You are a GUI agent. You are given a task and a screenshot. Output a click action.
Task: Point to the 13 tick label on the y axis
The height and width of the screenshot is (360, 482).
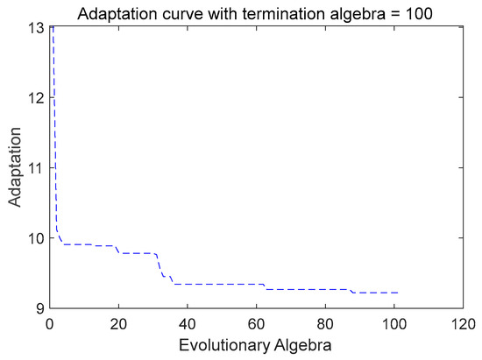point(35,28)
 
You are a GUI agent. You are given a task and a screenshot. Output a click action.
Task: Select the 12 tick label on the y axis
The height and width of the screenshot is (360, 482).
point(35,98)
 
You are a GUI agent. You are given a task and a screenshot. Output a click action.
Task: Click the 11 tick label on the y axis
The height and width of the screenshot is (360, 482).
point(35,167)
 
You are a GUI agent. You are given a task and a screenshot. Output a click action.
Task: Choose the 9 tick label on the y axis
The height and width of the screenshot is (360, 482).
point(39,307)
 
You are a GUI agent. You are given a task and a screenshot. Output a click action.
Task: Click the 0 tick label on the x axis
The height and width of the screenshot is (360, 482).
point(51,322)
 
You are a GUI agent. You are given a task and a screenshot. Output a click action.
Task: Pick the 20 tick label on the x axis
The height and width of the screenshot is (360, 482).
point(119,322)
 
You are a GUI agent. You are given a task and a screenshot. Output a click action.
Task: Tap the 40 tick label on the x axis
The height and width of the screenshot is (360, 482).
point(188,322)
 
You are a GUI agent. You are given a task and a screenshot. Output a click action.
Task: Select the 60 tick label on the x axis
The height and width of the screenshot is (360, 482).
point(257,322)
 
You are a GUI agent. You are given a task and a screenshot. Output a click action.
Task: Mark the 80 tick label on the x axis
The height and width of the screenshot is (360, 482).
point(325,322)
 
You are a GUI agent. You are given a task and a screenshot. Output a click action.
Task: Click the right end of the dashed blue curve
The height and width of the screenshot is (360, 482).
point(398,293)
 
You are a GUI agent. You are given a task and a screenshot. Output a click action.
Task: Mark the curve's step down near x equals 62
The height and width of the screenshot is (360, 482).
point(265,286)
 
